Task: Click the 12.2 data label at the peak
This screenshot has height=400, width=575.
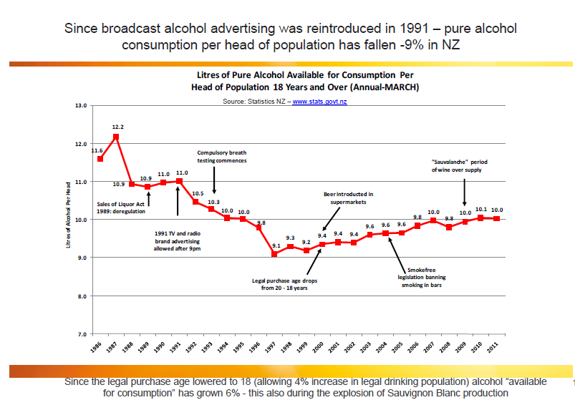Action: pos(117,127)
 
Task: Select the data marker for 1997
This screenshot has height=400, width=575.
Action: pos(274,253)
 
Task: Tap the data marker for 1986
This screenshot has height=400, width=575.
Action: pos(100,158)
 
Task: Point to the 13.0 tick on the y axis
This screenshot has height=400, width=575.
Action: pos(81,106)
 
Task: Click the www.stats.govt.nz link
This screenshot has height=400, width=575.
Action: pos(320,102)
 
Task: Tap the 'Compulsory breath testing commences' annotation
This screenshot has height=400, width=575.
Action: pos(222,157)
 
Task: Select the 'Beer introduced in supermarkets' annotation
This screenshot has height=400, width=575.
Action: pos(349,197)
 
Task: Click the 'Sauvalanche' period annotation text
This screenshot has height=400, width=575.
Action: pos(459,166)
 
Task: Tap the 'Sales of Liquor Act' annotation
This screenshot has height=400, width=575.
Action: pos(121,207)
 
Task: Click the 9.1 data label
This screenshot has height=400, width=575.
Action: pos(276,245)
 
